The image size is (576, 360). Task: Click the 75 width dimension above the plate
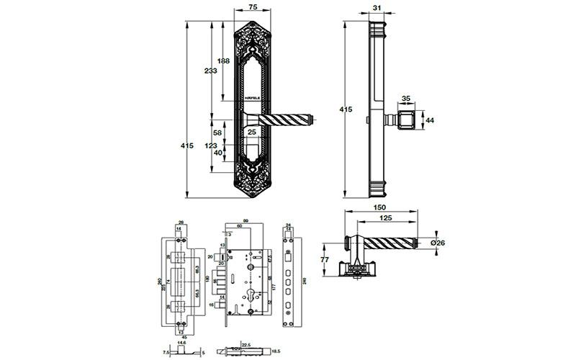click(253, 8)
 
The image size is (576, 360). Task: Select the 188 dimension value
click(223, 61)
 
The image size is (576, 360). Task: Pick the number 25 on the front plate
click(253, 132)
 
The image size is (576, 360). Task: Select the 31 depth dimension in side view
click(378, 8)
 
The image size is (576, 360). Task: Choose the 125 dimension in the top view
click(387, 217)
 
